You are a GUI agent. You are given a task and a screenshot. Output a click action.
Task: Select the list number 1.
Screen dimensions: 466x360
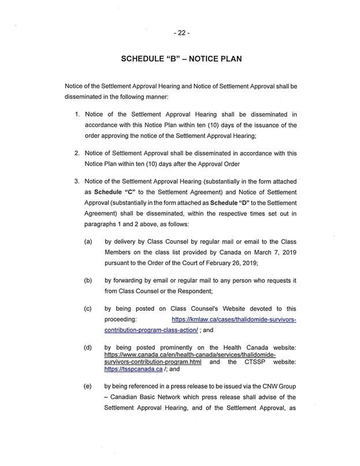pyautogui.click(x=77, y=114)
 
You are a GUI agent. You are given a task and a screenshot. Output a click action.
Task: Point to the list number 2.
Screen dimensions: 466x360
pyautogui.click(x=77, y=153)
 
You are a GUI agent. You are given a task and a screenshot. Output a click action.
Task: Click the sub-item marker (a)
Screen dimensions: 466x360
pyautogui.click(x=88, y=241)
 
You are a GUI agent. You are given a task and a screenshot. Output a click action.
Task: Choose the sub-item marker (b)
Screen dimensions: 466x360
pyautogui.click(x=88, y=280)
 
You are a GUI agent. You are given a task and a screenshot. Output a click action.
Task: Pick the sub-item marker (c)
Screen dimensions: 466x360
pyautogui.click(x=88, y=309)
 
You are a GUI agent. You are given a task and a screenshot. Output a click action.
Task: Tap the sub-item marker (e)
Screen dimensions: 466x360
pyautogui.click(x=88, y=387)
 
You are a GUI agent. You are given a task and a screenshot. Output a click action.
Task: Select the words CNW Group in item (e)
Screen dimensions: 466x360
pyautogui.click(x=277, y=387)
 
